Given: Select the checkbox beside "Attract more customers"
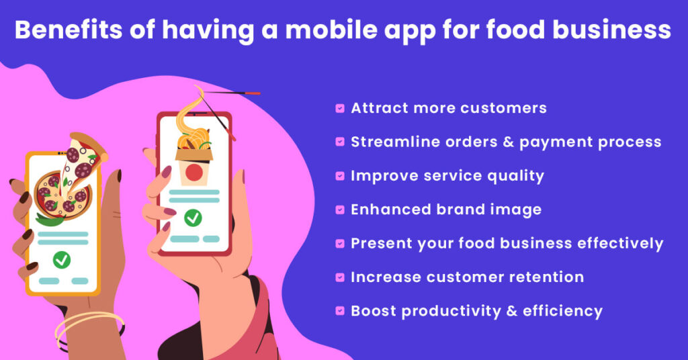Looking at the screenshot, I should tap(340, 108).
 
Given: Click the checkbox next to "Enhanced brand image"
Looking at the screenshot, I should tap(340, 210).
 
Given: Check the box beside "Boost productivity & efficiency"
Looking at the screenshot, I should tap(340, 311).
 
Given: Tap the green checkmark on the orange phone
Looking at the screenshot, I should tap(62, 259).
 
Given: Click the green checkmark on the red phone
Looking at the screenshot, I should tap(193, 218).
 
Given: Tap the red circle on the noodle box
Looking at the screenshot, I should tap(194, 173).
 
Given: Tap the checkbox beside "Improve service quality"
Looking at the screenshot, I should tap(340, 176).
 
